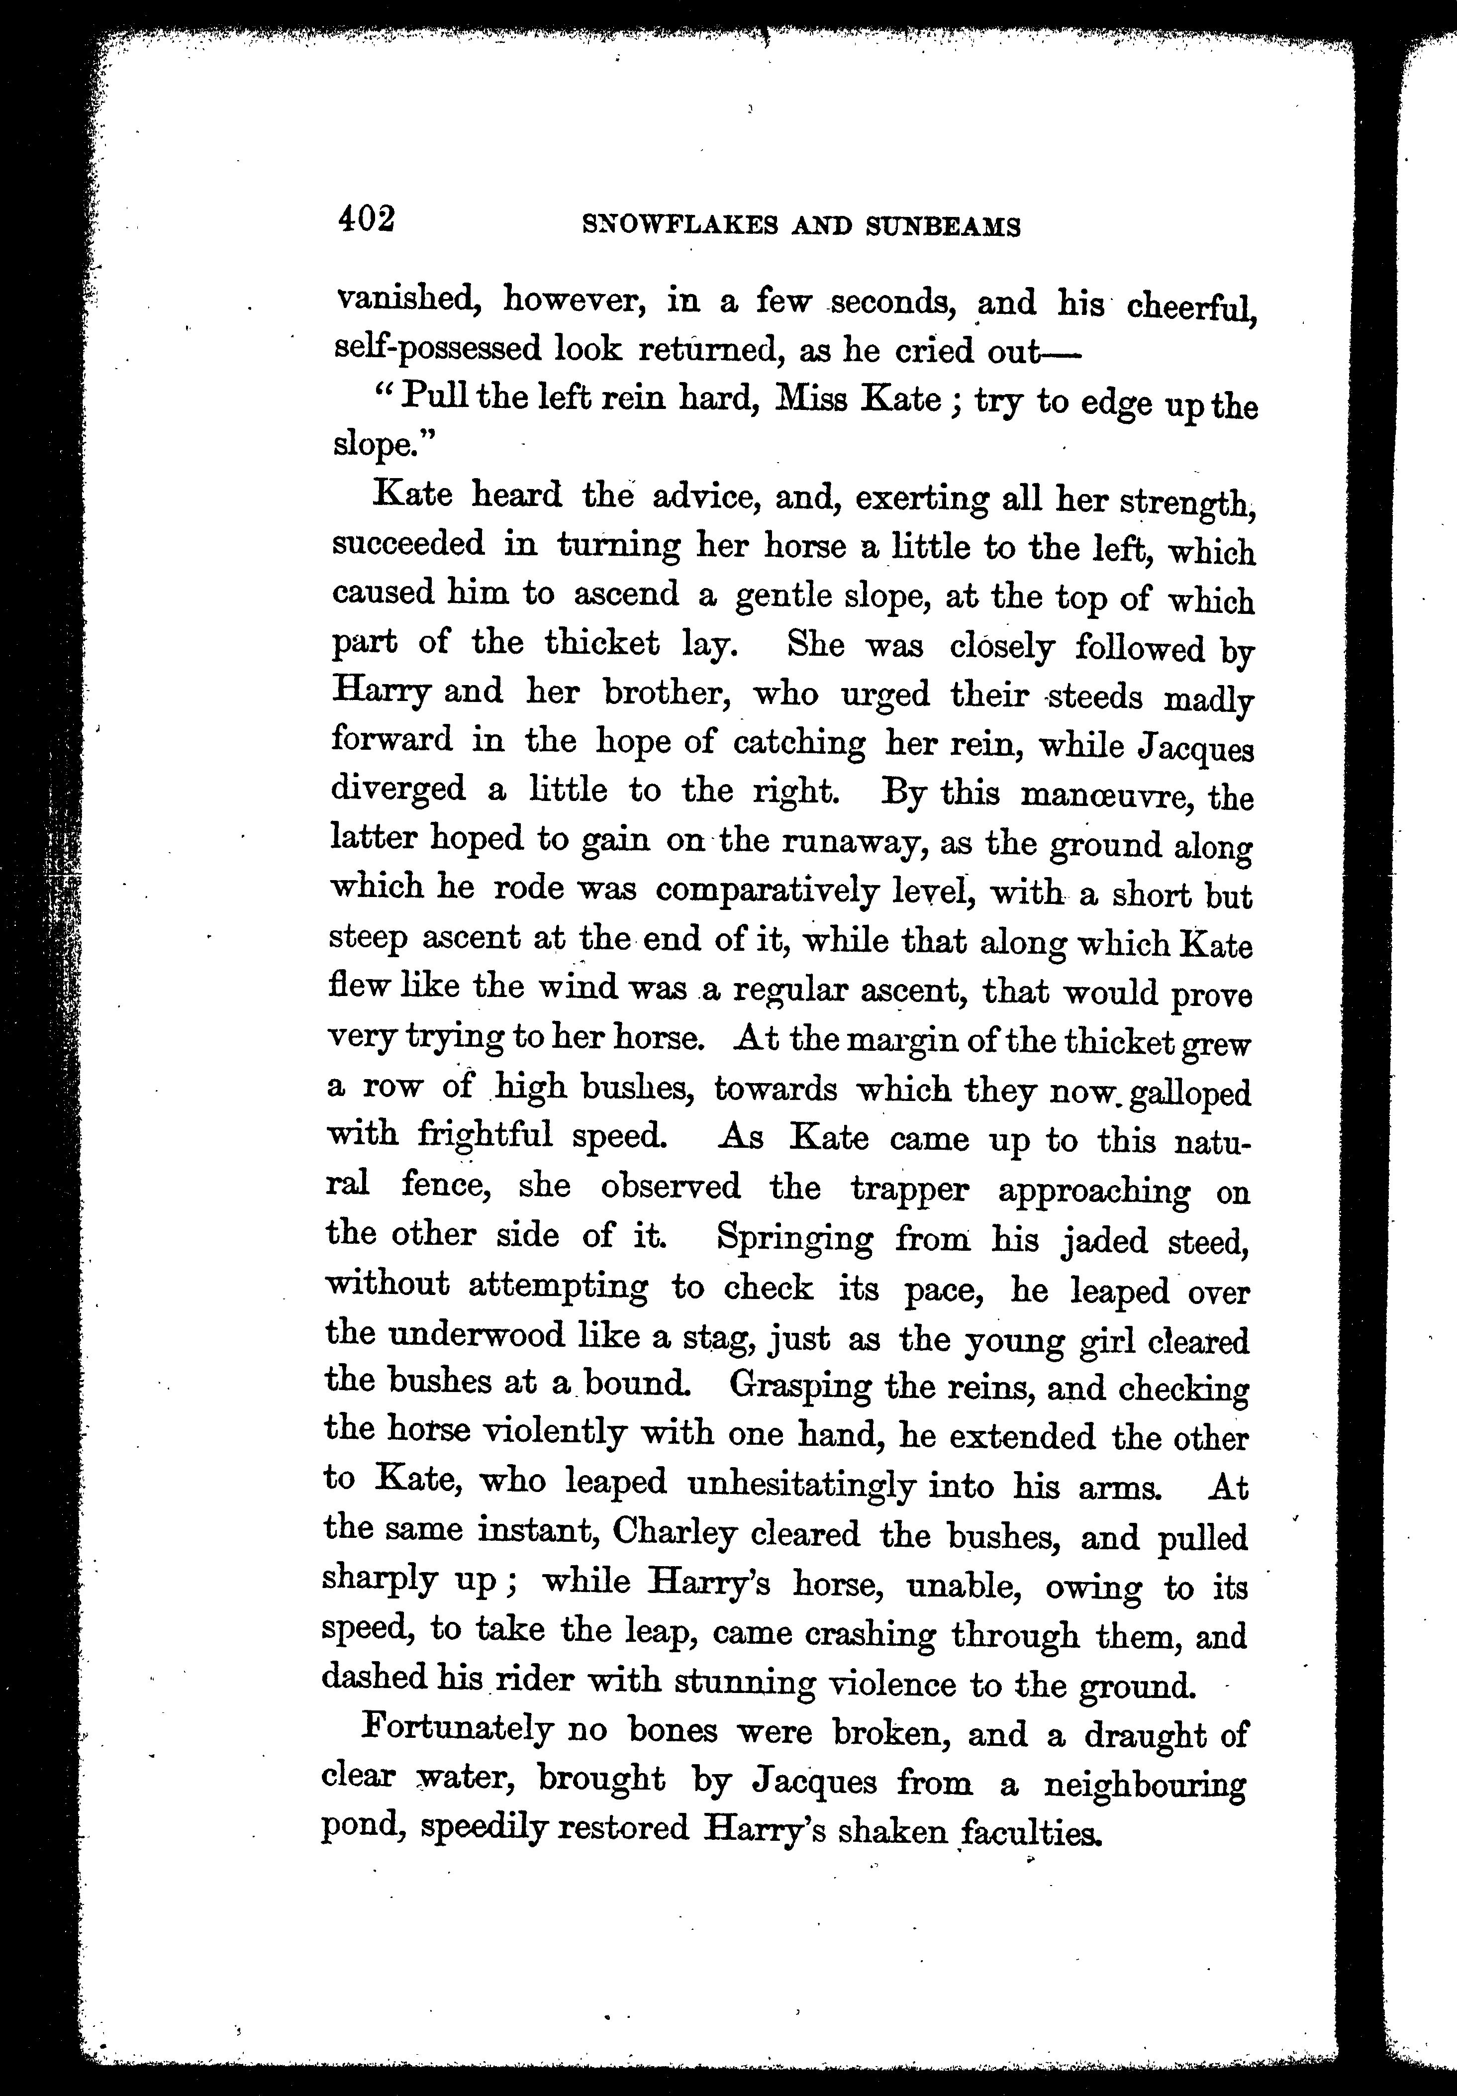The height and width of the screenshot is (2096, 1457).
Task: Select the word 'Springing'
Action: click(x=794, y=1238)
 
